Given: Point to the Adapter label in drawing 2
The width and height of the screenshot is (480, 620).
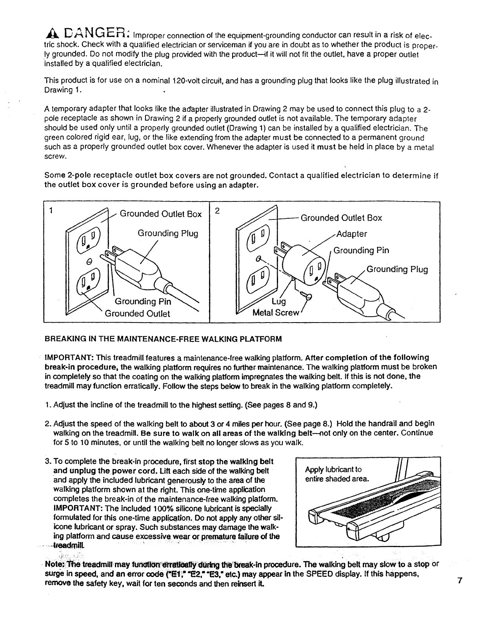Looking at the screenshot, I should tap(352, 234).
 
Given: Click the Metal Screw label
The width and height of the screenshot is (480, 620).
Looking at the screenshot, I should tap(276, 313).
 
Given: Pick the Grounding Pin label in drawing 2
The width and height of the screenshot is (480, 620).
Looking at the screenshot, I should tap(361, 250).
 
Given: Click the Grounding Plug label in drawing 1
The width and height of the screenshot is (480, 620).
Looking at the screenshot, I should tap(168, 234).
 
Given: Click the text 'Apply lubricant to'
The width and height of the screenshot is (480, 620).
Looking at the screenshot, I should tap(333, 470).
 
